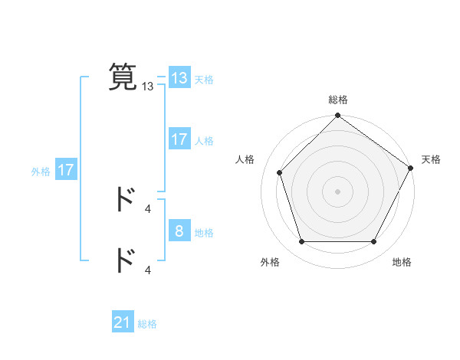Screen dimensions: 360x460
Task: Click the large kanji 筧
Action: [123, 77]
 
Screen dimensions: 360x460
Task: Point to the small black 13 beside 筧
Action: [148, 87]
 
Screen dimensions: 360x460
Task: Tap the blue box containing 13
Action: [179, 78]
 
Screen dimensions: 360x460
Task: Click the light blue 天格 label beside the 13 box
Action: [204, 79]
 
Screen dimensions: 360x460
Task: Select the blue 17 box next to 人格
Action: [179, 139]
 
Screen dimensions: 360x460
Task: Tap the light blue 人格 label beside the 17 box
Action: [204, 140]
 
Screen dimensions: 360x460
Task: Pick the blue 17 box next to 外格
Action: [66, 171]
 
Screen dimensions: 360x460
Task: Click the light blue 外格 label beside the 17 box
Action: [41, 172]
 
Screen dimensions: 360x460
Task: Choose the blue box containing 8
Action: [179, 231]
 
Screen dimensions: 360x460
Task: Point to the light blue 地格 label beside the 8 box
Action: [204, 232]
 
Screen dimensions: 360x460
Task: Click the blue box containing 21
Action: [123, 323]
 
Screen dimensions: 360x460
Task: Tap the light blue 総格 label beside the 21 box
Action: [147, 324]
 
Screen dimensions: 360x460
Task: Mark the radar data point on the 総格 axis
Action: [337, 116]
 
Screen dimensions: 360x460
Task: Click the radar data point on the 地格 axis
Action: [374, 242]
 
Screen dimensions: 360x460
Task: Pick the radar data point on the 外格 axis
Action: [301, 242]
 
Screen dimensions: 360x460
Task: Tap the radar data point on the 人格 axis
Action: [279, 172]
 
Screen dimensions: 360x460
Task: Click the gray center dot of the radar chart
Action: [337, 191]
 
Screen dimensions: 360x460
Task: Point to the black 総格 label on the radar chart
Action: [338, 100]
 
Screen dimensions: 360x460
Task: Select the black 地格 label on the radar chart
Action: [402, 262]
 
